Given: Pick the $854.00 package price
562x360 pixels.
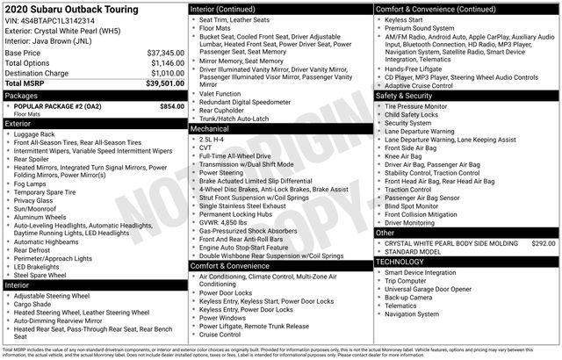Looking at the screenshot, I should click(x=171, y=105).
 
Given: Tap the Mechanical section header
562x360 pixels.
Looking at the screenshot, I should click(x=210, y=129).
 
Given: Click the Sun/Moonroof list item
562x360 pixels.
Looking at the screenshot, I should click(x=39, y=208).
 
